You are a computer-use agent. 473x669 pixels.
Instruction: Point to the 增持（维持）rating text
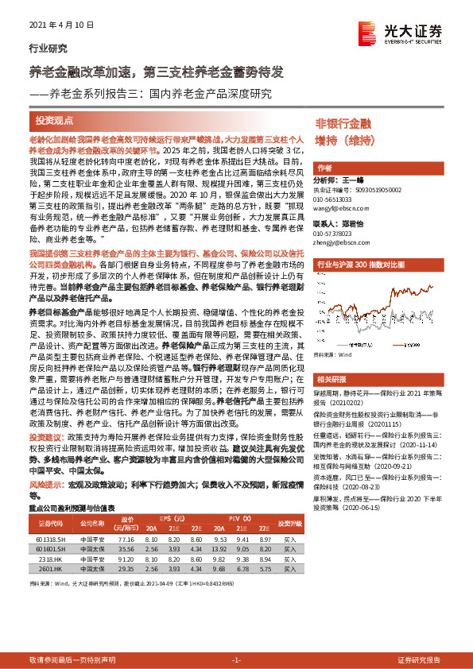tap(345, 141)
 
